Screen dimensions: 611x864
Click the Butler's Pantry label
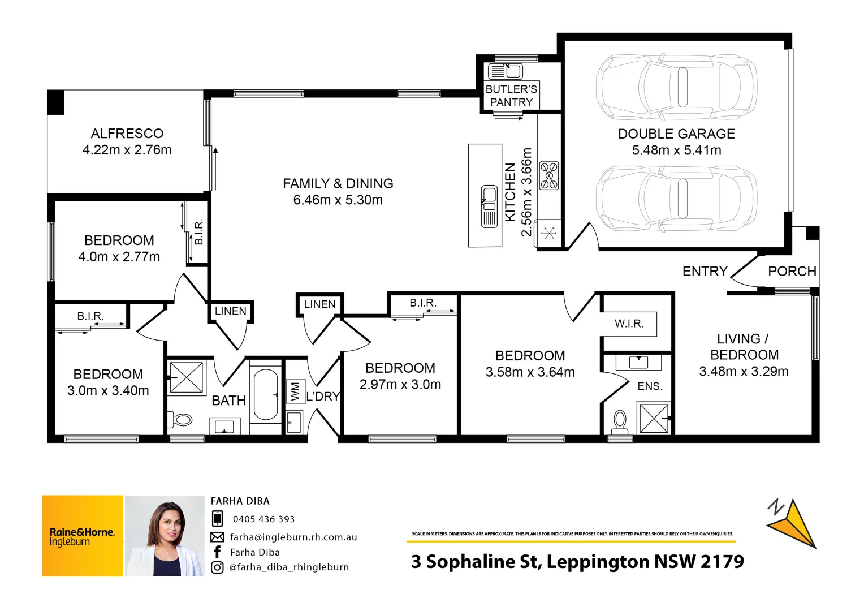click(x=511, y=96)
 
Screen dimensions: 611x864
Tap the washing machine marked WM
click(x=295, y=391)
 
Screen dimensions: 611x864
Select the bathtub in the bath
click(x=265, y=394)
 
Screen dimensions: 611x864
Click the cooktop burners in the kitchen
click(x=548, y=175)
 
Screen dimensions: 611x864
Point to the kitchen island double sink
click(x=489, y=206)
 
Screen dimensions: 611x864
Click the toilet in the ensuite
click(x=620, y=421)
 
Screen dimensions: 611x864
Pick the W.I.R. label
click(x=629, y=324)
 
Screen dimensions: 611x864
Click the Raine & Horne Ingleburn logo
click(x=83, y=536)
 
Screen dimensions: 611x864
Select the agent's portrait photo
click(x=165, y=536)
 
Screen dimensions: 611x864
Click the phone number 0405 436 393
click(x=263, y=519)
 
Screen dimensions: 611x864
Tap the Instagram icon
click(x=217, y=567)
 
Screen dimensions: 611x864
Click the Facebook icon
click(x=217, y=552)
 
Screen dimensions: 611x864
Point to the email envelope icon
click(x=217, y=537)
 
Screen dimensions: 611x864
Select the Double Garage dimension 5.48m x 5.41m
click(x=676, y=150)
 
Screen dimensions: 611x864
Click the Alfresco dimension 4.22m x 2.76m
click(x=127, y=150)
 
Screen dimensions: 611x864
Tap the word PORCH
click(x=792, y=272)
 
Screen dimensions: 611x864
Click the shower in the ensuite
click(x=654, y=418)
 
